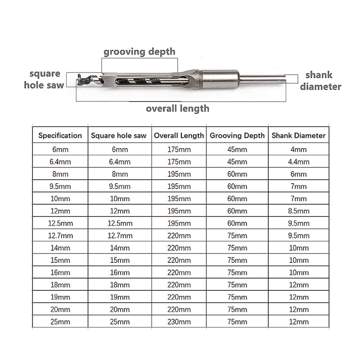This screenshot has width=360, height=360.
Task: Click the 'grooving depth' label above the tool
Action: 139,51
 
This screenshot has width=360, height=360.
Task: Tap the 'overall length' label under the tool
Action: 177,108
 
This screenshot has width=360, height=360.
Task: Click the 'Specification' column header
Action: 60,135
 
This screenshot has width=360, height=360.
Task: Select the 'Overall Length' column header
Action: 179,135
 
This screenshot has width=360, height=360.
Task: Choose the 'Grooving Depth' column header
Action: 237,135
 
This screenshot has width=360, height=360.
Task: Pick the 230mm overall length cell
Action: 179,322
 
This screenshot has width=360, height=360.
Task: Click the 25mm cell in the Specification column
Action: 60,322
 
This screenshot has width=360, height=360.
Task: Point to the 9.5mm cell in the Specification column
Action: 60,186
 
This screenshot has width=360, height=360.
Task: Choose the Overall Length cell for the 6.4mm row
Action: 179,162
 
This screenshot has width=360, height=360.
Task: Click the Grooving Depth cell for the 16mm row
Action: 237,272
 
